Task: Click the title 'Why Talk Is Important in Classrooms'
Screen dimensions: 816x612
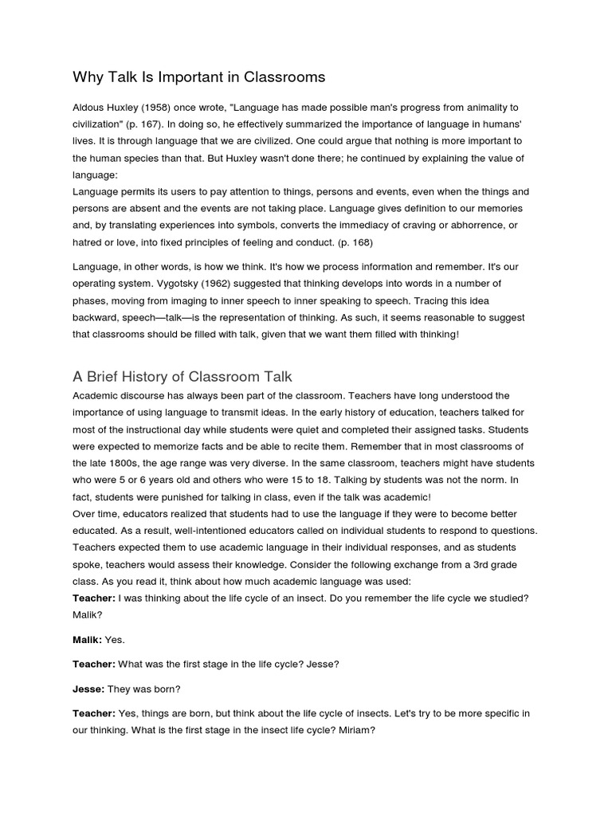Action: pos(199,77)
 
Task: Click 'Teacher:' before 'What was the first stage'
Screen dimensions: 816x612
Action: pos(94,664)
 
